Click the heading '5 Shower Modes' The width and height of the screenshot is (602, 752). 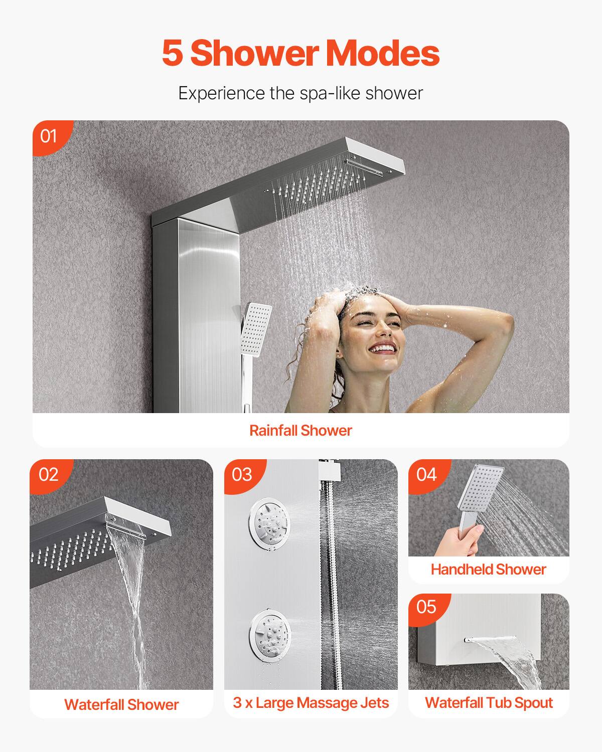pos(300,53)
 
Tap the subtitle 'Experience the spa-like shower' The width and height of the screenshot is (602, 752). pos(300,93)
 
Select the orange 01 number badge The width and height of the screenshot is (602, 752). pos(49,135)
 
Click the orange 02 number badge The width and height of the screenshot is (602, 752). pos(48,474)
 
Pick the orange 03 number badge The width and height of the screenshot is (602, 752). pos(242,474)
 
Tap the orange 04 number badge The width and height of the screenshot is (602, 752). pos(426,474)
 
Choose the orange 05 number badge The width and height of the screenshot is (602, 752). pos(426,607)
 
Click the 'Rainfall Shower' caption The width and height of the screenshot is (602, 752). pos(300,430)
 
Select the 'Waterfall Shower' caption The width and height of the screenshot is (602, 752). pos(121,704)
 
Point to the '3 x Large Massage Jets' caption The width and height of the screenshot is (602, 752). pos(311,702)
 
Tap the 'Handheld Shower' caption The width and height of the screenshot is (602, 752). pos(488,569)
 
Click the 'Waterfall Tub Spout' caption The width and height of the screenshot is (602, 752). pos(489,702)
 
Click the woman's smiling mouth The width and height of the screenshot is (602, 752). pos(383,347)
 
